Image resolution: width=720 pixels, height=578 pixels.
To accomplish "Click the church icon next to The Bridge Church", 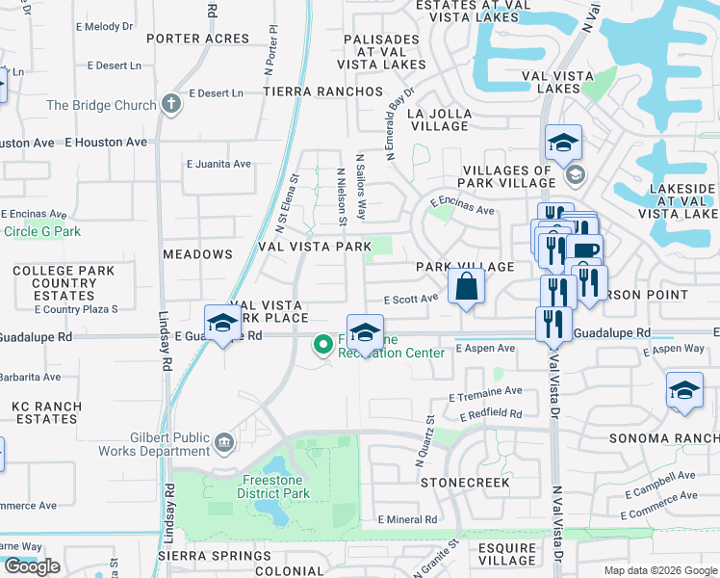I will click(x=172, y=105).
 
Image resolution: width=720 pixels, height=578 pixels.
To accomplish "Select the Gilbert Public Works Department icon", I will click(x=223, y=442).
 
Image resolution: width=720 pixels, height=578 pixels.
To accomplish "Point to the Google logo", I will click(x=32, y=566).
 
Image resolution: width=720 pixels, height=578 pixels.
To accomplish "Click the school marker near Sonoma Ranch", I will click(x=683, y=391).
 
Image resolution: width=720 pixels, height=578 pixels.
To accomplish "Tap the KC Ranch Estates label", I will click(x=45, y=412).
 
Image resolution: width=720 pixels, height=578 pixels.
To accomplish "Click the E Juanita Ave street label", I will click(x=219, y=164).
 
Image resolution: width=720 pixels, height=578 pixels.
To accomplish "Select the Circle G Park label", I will click(x=41, y=231).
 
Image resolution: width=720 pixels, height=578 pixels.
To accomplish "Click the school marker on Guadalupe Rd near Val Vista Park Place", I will click(x=222, y=324).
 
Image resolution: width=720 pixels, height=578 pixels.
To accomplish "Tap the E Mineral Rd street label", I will click(x=407, y=519).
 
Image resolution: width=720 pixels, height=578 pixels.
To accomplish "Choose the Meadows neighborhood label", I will click(x=197, y=254).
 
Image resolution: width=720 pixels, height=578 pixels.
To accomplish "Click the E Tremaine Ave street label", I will click(x=485, y=391).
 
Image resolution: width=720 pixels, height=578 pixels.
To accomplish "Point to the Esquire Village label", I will click(x=507, y=554).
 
